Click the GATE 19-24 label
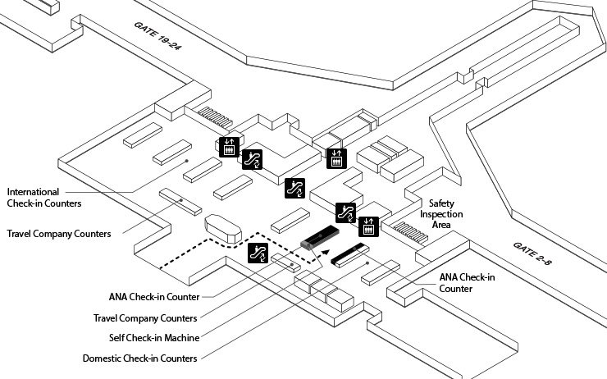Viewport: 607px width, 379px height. coord(157,37)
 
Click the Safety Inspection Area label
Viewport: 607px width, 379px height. coord(446,215)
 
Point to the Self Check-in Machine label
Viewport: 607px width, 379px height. coord(156,338)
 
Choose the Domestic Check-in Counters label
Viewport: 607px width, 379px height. coord(139,358)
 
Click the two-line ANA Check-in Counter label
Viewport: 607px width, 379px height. coord(467,283)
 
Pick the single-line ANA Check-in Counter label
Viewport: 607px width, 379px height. coord(153,297)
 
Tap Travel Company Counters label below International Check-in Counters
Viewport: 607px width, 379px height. coord(58,234)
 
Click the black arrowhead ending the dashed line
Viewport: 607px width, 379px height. coord(325,253)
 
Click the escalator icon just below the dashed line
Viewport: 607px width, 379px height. coord(258,253)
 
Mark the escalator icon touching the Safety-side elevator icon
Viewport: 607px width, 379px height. coord(347,213)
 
